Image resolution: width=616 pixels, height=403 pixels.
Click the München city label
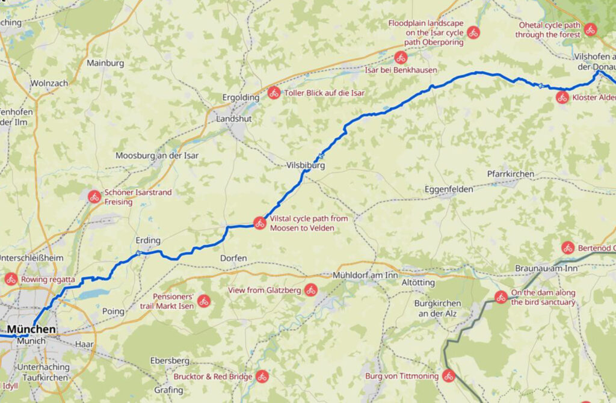click(x=31, y=330)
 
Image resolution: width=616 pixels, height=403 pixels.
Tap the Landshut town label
click(x=235, y=119)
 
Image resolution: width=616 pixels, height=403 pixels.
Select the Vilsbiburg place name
click(x=306, y=164)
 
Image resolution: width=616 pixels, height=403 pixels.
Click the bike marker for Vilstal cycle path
click(x=259, y=223)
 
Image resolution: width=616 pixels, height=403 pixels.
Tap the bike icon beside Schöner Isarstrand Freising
click(x=94, y=196)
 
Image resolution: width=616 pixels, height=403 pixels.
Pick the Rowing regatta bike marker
click(x=11, y=279)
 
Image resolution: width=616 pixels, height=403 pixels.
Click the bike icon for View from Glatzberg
click(x=310, y=290)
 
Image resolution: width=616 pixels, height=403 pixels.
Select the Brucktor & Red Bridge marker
click(x=262, y=377)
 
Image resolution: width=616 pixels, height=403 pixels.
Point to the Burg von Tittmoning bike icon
click(x=448, y=377)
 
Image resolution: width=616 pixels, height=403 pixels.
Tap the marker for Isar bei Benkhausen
click(x=401, y=58)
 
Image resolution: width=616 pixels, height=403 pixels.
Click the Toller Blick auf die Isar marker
click(x=274, y=93)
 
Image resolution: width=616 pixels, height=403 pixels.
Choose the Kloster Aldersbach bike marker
click(x=562, y=97)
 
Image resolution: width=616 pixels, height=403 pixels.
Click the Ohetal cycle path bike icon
click(x=590, y=29)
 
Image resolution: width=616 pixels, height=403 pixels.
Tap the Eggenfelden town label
click(x=448, y=189)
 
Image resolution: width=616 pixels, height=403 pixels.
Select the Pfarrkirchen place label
click(x=511, y=174)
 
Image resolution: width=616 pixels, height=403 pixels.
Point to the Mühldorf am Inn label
click(x=365, y=275)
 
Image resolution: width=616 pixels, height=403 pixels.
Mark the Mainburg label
click(x=105, y=63)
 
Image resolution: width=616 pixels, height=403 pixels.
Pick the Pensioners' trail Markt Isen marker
click(x=203, y=301)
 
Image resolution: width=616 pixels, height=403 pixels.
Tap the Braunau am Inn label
click(x=546, y=268)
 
